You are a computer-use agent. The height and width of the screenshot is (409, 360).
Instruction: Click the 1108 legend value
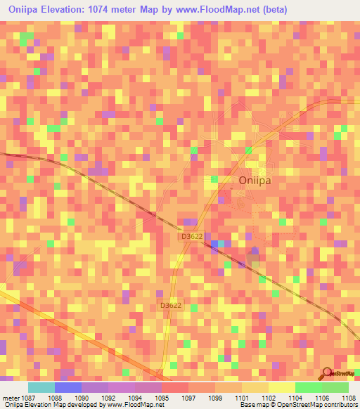[x=349, y=397]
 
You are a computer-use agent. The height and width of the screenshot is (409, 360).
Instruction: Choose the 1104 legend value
[x=295, y=397]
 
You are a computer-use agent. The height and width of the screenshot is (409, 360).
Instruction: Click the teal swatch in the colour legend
[x=41, y=387]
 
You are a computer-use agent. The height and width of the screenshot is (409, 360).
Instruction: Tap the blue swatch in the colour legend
[x=67, y=387]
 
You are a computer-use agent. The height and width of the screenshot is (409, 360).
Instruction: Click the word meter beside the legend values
[x=8, y=397]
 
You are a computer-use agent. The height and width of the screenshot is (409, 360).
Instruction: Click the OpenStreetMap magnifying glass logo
[x=327, y=373]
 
